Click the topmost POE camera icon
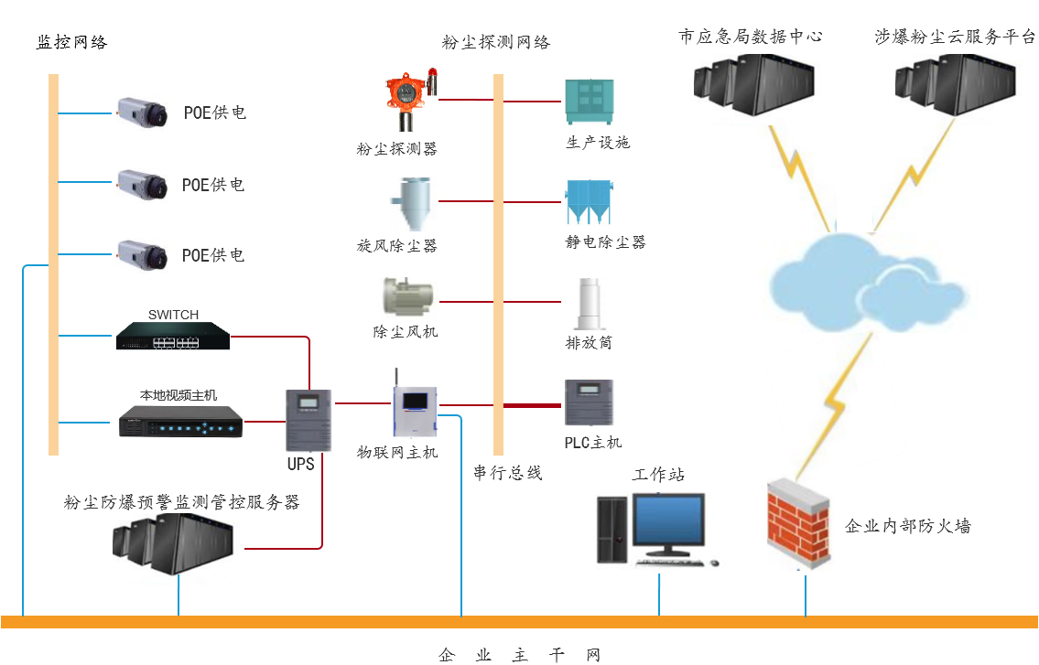pyautogui.click(x=142, y=113)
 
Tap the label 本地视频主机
pyautogui.click(x=179, y=395)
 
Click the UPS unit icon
pyautogui.click(x=308, y=419)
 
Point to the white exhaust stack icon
pyautogui.click(x=586, y=305)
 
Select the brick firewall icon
pyautogui.click(x=798, y=525)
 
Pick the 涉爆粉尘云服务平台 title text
pyautogui.click(x=954, y=38)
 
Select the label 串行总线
pyautogui.click(x=508, y=473)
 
